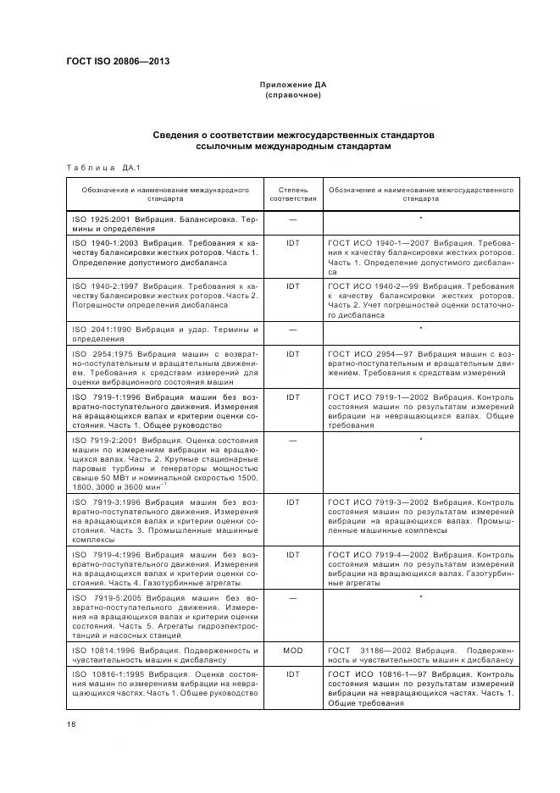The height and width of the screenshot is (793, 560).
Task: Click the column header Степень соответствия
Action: point(293,195)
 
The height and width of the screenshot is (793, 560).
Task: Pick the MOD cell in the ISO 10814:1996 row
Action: point(293,651)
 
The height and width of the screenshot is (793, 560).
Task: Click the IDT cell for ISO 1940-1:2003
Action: point(293,241)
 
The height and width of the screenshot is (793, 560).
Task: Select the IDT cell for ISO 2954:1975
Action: point(293,352)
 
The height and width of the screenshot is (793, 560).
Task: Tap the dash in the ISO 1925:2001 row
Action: point(293,219)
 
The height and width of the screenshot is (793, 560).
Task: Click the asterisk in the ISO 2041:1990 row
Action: point(421,329)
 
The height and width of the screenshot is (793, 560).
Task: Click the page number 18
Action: point(71,724)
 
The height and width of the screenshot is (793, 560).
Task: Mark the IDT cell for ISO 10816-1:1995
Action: point(293,675)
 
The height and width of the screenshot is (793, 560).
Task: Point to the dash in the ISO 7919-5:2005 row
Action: point(293,598)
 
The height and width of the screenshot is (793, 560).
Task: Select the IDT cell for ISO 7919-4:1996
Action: point(293,555)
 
